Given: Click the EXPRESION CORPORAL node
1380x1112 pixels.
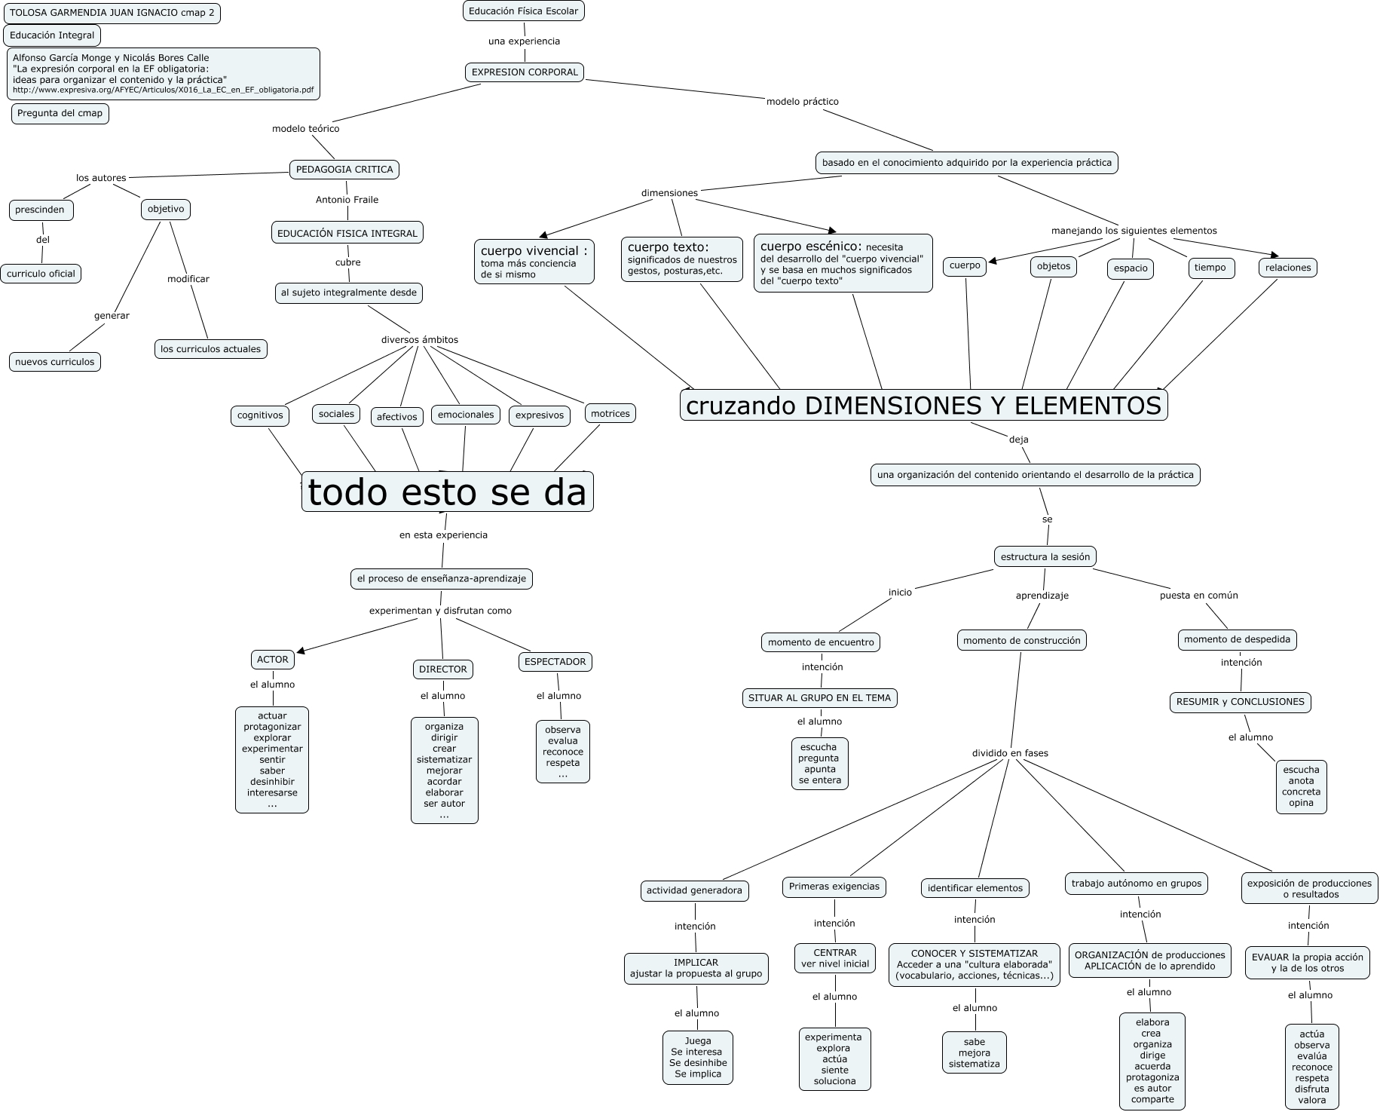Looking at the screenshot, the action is click(525, 72).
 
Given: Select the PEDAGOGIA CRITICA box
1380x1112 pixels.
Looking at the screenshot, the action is click(344, 170).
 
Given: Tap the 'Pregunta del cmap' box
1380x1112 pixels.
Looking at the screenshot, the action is click(60, 114).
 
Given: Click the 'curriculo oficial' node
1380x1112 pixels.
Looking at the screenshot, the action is click(41, 274).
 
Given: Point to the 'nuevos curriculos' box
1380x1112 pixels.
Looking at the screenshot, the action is click(55, 362).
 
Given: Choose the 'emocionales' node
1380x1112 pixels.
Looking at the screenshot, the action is click(466, 415).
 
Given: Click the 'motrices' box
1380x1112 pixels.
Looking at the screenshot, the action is click(610, 414).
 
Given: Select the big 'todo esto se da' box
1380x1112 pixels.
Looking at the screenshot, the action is click(447, 492).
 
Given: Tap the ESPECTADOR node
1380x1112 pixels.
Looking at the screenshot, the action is click(555, 662).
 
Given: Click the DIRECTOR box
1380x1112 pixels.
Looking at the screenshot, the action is click(442, 669).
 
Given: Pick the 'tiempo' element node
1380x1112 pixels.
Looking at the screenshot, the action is click(1210, 268).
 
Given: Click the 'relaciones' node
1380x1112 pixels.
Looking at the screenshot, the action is click(1288, 268).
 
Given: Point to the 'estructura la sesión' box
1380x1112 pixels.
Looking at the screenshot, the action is click(1045, 557).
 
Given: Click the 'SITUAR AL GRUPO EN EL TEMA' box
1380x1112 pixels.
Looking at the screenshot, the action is click(819, 698).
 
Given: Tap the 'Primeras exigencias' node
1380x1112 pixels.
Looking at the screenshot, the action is click(834, 887).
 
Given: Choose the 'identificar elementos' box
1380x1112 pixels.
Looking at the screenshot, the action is click(975, 888).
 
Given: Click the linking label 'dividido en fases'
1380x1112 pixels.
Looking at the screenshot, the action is click(1010, 753).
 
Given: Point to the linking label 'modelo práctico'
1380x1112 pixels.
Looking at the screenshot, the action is click(802, 102).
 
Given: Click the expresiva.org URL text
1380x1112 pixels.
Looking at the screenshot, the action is click(164, 90).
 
